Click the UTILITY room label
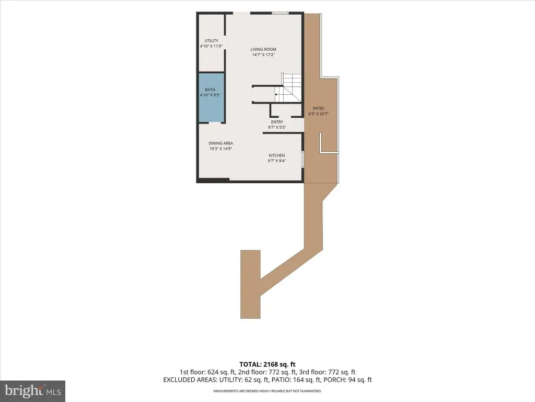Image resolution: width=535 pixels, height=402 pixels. point(211,41)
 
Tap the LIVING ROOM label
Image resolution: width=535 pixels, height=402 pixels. point(263,49)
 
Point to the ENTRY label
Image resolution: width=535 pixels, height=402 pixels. point(277,122)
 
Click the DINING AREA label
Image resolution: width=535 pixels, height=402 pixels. point(221,143)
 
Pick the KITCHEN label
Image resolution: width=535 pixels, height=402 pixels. point(277,155)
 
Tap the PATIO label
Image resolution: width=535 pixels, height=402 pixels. point(318,108)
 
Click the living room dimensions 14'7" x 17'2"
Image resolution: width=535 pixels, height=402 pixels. point(263,54)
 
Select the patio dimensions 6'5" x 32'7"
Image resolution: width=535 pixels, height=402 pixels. point(318,114)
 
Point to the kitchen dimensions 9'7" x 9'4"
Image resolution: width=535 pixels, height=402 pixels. point(277,161)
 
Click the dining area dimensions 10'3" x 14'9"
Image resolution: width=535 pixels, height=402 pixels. point(221,149)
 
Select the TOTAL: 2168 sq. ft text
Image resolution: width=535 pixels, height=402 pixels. point(267,364)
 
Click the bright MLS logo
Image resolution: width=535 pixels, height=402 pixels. point(33,391)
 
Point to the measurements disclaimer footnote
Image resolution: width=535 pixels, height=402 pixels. point(267,391)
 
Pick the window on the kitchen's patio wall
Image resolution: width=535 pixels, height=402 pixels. point(303,159)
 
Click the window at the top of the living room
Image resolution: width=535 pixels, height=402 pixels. point(280,13)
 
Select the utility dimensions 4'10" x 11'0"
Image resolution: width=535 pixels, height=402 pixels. point(211,46)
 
